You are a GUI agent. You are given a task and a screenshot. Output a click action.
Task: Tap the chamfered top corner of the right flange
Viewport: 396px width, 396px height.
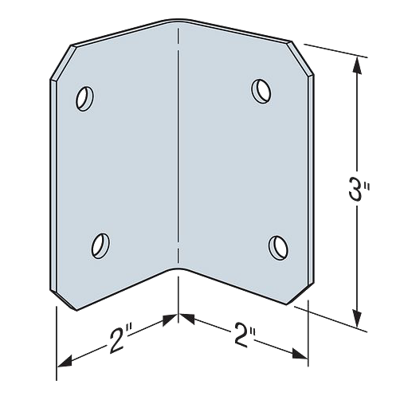click(x=303, y=55)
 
